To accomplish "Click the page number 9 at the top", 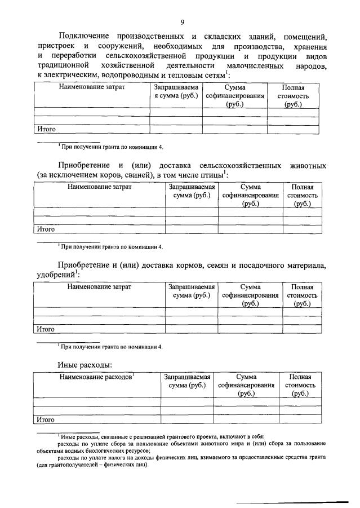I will click(x=182, y=22).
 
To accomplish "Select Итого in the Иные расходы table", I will click(x=46, y=419).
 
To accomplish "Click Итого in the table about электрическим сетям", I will click(x=46, y=129).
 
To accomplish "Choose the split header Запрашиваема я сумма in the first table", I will click(x=177, y=92).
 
